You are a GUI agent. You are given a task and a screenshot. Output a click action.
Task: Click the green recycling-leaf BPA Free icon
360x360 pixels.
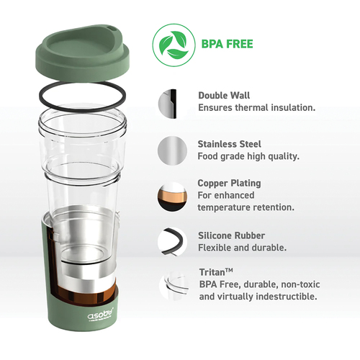(174, 45)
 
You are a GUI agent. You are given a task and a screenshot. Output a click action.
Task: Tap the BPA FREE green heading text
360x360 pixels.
(227, 44)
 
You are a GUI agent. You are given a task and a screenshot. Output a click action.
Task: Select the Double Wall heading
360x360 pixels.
(224, 95)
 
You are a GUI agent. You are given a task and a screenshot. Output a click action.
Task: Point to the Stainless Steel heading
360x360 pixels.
(229, 144)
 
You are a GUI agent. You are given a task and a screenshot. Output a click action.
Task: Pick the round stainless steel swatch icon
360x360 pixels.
(172, 150)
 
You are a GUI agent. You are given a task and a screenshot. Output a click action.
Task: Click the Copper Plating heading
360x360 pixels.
(229, 184)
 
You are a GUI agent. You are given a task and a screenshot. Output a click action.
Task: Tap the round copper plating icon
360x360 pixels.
(172, 197)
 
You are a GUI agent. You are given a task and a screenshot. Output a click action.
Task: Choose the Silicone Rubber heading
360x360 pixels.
(231, 235)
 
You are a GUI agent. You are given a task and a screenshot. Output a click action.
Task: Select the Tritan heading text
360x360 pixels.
(216, 272)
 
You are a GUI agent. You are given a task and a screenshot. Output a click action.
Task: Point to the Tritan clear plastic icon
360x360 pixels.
(174, 285)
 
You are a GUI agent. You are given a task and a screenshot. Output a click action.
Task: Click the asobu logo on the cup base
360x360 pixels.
(100, 315)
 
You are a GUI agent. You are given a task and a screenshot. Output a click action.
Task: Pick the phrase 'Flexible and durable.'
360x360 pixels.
(242, 248)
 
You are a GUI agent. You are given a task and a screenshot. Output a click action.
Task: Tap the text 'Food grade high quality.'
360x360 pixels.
(248, 156)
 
